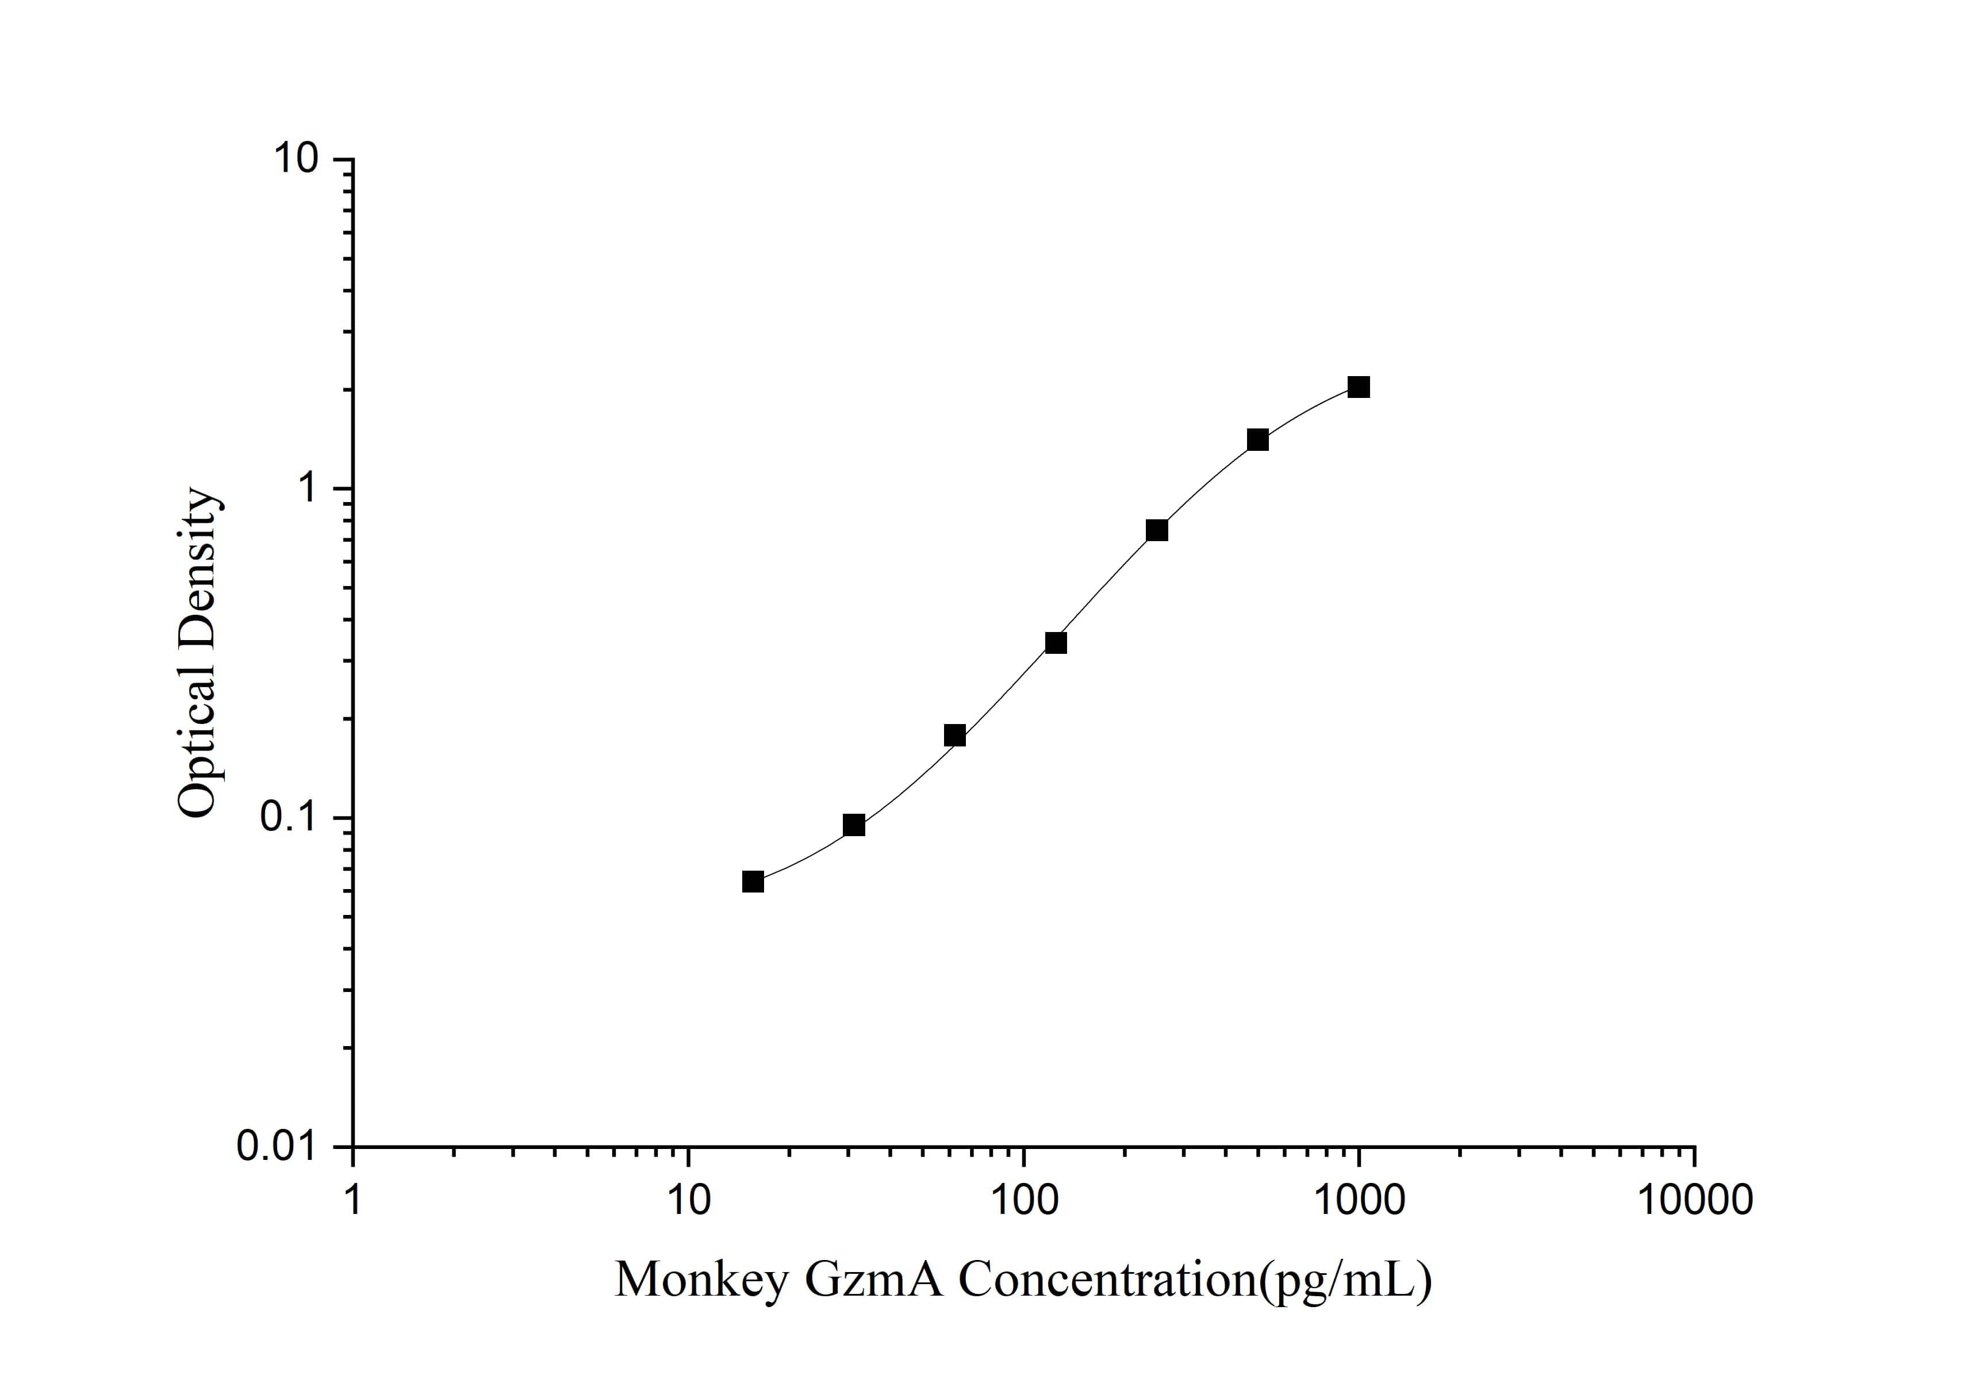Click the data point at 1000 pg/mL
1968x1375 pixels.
(x=1359, y=388)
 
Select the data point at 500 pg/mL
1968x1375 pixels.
(x=1257, y=440)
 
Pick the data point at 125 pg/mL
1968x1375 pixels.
(x=1056, y=643)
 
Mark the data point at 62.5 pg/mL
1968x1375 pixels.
(x=955, y=736)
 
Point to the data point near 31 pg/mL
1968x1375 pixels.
(x=854, y=825)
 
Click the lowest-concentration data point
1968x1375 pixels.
(x=753, y=882)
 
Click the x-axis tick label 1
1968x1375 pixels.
(x=352, y=1200)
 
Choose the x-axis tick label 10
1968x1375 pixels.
(x=688, y=1200)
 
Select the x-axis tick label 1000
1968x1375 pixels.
(x=1359, y=1200)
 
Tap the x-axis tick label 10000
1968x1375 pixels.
(x=1694, y=1200)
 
